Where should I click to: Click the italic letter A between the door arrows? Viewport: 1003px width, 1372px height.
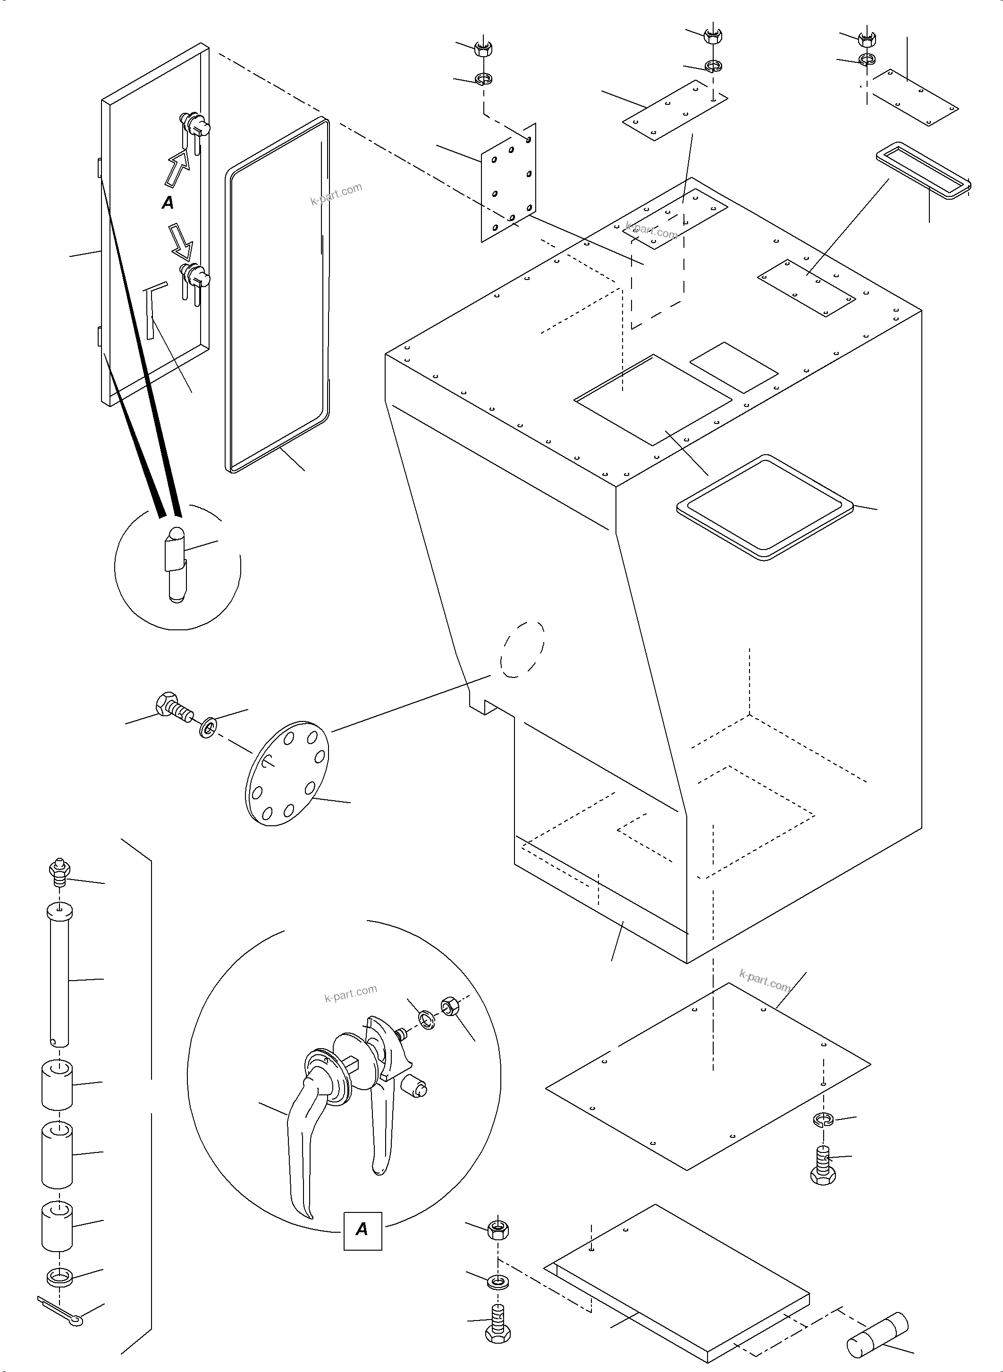click(168, 203)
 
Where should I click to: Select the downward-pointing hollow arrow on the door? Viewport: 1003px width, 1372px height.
click(181, 242)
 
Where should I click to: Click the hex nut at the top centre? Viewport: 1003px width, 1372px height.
click(712, 36)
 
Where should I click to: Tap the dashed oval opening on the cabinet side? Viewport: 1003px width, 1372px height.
click(522, 649)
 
